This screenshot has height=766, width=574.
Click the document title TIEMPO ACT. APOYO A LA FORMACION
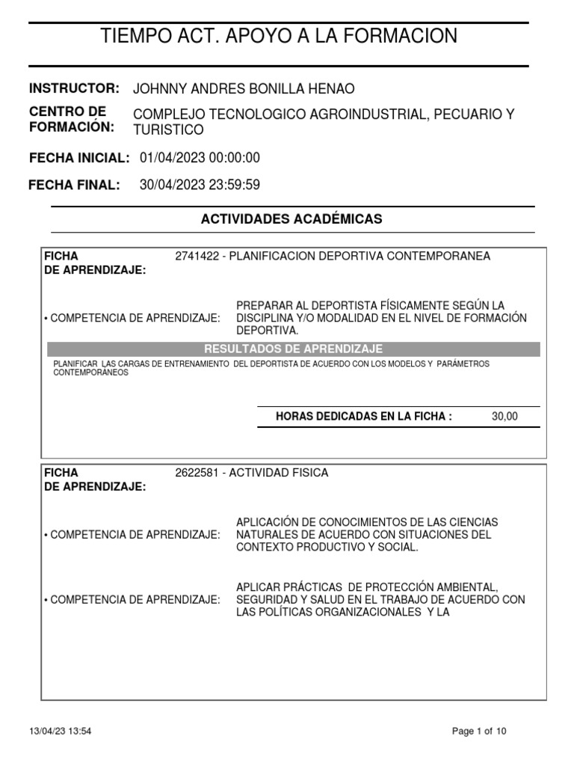point(279,35)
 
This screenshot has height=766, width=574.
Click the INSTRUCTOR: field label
point(74,88)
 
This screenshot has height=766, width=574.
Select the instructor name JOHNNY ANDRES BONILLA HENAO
point(244,89)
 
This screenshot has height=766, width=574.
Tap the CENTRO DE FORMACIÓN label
point(72,120)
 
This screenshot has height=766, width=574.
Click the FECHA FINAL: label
point(74,185)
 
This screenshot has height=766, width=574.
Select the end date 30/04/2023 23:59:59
point(200,185)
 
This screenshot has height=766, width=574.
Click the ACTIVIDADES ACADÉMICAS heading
point(291,218)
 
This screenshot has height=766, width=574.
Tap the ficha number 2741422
point(197,256)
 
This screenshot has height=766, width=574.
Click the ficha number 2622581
point(197,473)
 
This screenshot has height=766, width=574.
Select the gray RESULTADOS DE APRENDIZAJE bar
point(293,349)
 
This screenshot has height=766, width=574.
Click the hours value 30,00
point(504,417)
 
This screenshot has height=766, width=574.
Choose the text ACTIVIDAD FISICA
point(279,473)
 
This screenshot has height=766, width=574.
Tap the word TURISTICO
point(168,129)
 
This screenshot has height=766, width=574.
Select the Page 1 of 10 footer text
point(480,732)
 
